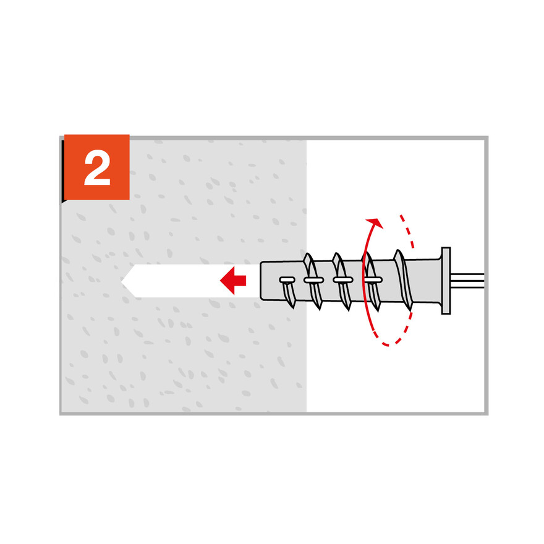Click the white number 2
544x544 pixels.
pos(97,168)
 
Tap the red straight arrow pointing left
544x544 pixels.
pos(233,280)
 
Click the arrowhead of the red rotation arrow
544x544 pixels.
pos(375,223)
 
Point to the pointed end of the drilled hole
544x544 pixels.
pos(121,281)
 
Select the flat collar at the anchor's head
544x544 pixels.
pos(446,281)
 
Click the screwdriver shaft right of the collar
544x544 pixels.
pos(467,281)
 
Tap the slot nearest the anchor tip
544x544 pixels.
pos(287,279)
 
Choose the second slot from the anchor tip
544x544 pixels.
pos(313,279)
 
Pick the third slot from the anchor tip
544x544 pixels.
pos(342,279)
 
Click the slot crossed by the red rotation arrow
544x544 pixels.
pos(373,279)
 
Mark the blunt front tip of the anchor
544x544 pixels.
pos(261,281)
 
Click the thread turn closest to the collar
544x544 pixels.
pos(403,279)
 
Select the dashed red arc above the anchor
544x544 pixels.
pos(407,231)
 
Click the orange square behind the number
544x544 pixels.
pos(97,168)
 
